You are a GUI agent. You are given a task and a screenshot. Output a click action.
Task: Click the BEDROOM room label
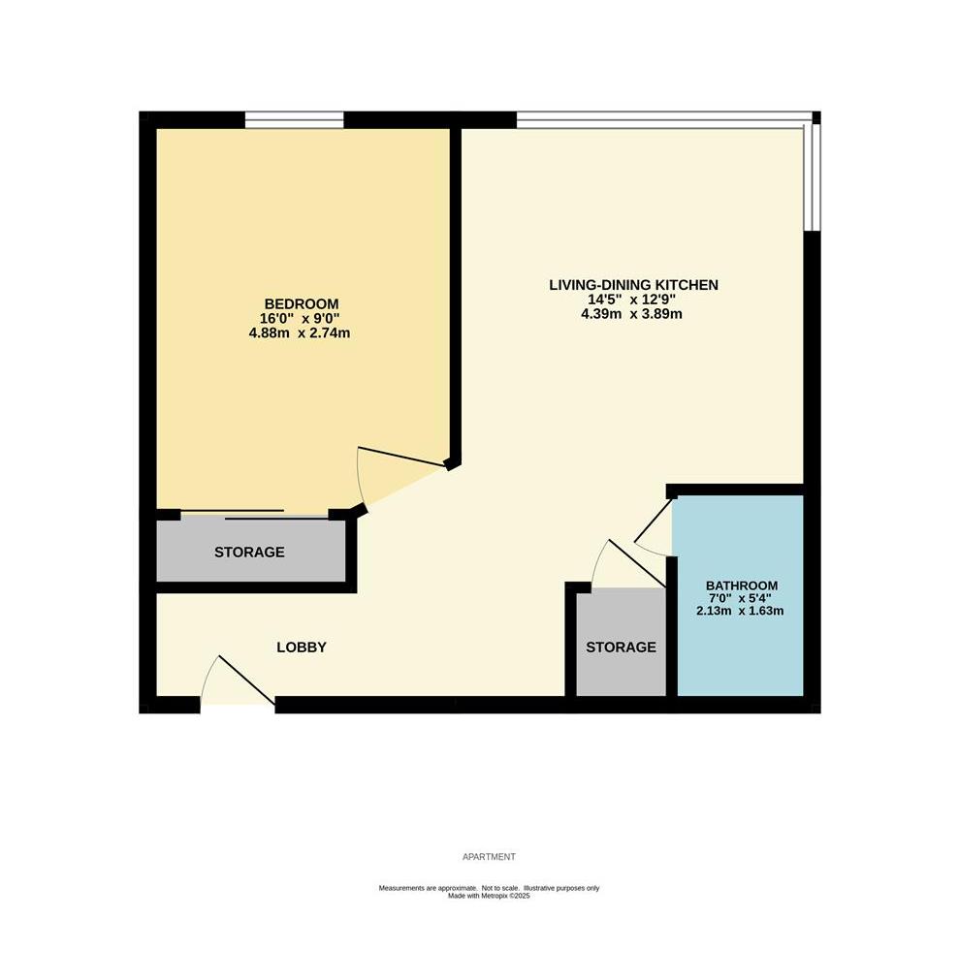(x=302, y=303)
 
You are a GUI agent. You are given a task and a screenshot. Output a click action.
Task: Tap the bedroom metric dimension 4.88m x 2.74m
(x=300, y=333)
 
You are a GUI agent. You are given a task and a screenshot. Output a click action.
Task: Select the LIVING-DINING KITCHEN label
(x=633, y=285)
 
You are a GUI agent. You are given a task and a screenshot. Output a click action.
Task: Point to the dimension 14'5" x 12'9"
(x=631, y=300)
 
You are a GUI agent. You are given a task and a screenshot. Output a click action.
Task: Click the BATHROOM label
(x=742, y=585)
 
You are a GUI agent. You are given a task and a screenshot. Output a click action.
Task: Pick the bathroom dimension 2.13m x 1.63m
(x=740, y=611)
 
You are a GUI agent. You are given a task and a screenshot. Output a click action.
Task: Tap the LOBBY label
(x=302, y=648)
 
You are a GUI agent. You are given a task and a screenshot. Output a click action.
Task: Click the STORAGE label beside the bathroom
(x=621, y=647)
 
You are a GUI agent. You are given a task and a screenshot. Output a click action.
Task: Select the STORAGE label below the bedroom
(x=249, y=552)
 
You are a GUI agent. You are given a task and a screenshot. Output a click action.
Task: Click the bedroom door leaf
(x=402, y=457)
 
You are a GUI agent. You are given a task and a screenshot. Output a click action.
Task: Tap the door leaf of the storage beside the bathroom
(x=636, y=563)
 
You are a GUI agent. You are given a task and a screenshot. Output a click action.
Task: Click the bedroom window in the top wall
(x=294, y=120)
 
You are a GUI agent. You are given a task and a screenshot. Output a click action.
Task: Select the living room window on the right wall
(x=811, y=177)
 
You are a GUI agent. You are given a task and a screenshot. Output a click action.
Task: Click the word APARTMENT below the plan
(x=489, y=857)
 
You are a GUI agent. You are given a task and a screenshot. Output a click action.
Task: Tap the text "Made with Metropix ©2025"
(x=489, y=896)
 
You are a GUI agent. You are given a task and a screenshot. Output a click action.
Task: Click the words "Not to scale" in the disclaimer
(x=500, y=888)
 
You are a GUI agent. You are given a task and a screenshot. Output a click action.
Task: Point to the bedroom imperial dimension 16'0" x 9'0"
(x=300, y=319)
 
